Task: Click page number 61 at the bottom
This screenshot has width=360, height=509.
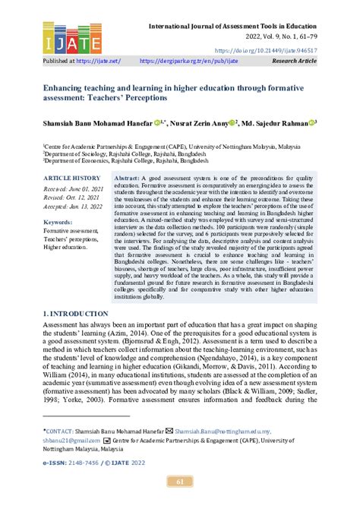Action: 180,480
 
